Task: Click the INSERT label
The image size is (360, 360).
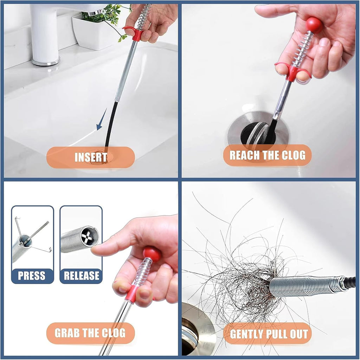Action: (90, 157)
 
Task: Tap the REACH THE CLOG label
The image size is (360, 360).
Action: (267, 155)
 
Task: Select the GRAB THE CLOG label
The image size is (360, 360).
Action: (90, 333)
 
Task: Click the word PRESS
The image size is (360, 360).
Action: (32, 276)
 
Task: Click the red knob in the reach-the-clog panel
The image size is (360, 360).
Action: (314, 25)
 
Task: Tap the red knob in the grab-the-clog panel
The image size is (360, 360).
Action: (152, 253)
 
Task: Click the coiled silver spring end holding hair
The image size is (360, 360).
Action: (302, 286)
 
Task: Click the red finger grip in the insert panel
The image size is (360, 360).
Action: (135, 33)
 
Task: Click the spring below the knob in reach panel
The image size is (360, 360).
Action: (302, 47)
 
